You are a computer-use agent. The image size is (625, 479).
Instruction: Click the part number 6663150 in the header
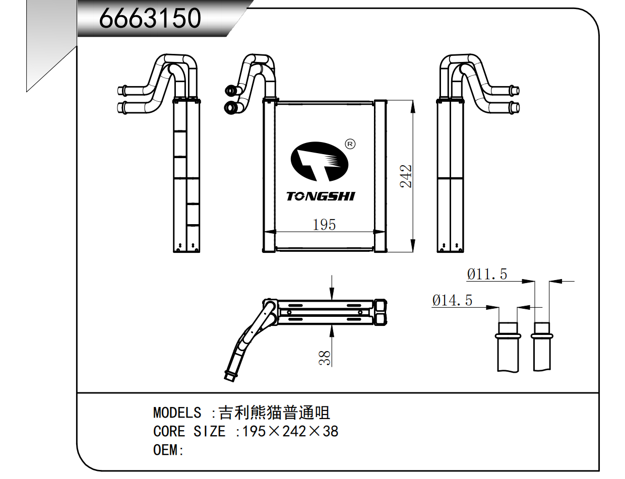tap(150, 19)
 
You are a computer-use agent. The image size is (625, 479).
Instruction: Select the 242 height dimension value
tap(406, 176)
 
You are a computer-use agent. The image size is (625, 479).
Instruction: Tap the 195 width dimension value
tap(324, 225)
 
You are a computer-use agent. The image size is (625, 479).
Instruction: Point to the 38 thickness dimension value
tap(325, 358)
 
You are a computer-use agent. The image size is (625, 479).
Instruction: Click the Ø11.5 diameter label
tap(487, 275)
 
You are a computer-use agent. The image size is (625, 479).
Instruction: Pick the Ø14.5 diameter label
tap(452, 301)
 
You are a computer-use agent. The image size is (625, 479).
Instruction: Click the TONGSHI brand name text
tap(321, 196)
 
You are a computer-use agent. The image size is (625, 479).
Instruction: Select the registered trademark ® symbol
tap(350, 144)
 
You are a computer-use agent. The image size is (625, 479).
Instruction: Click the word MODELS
tap(177, 413)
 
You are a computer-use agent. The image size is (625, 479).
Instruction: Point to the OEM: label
tap(168, 450)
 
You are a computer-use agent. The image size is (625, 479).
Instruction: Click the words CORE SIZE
tap(189, 432)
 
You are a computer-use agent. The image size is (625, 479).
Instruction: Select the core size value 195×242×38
tap(290, 432)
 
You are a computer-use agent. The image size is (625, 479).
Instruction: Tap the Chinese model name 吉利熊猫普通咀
tap(274, 413)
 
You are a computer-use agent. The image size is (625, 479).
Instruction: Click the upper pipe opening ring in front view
tap(230, 91)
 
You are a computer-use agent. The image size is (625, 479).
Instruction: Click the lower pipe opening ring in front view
tap(231, 107)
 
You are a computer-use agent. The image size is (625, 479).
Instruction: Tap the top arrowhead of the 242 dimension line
tap(413, 105)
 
